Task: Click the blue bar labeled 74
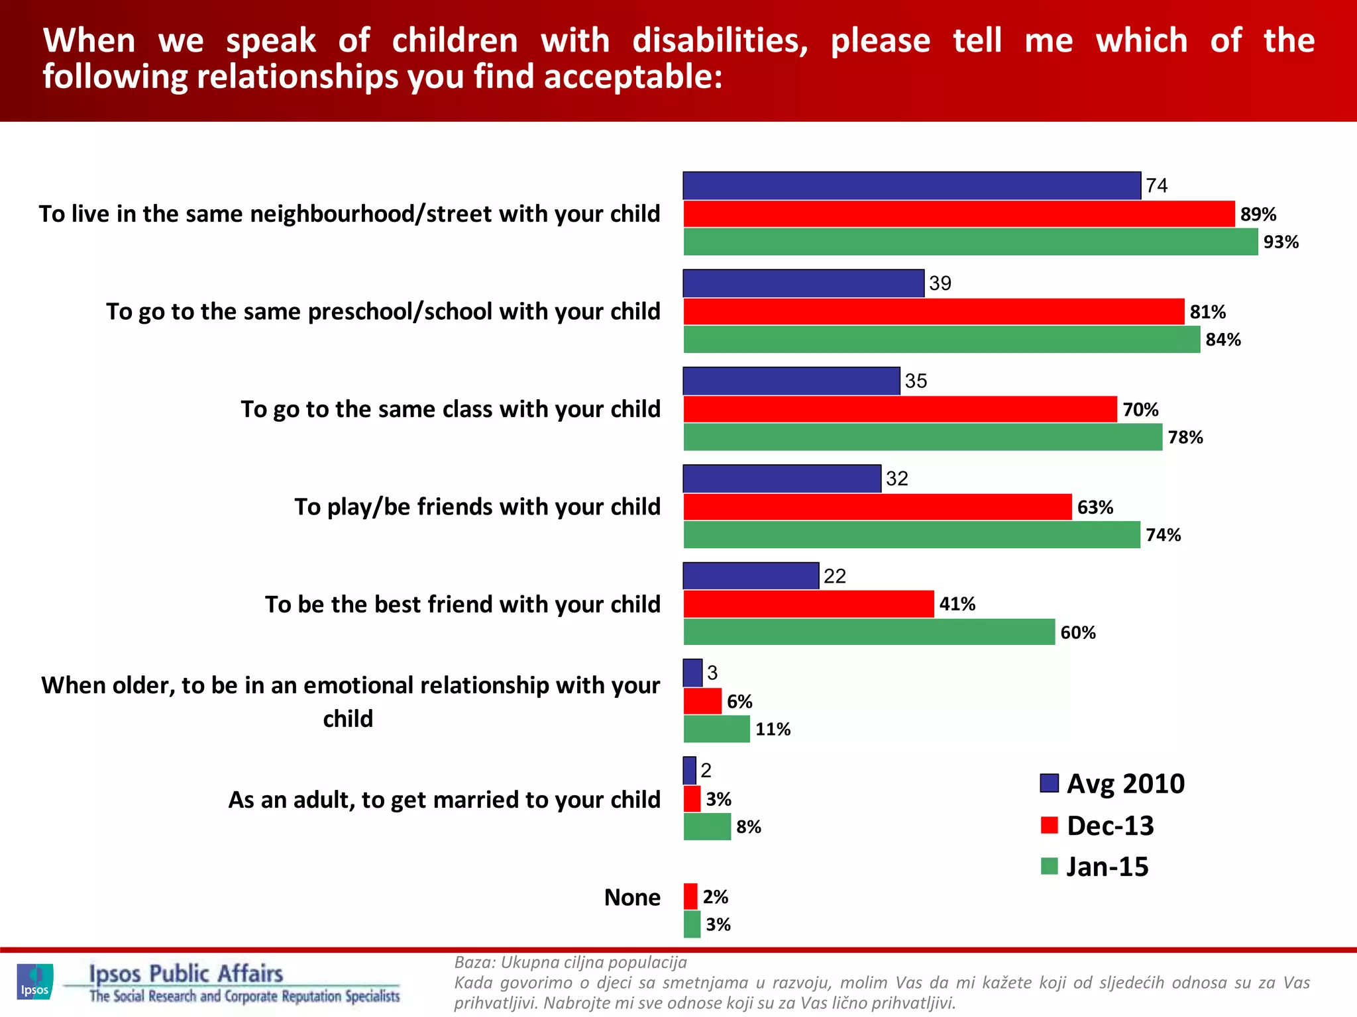[912, 185]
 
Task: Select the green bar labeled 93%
[970, 242]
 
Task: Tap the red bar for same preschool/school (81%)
[933, 311]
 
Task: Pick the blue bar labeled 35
[791, 381]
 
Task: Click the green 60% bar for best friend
[869, 632]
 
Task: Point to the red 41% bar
[808, 604]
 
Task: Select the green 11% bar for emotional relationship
[716, 729]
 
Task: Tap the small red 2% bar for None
[690, 896]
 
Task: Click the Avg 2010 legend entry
[1113, 784]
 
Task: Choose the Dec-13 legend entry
[1098, 826]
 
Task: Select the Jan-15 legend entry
[1095, 867]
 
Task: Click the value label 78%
[1185, 438]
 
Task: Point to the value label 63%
[1095, 507]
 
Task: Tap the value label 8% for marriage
[749, 827]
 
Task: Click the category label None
[632, 897]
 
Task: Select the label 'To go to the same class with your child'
[451, 409]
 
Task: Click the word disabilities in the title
[720, 41]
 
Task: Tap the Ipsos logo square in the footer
[34, 981]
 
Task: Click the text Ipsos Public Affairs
[186, 973]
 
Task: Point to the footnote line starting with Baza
[570, 962]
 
